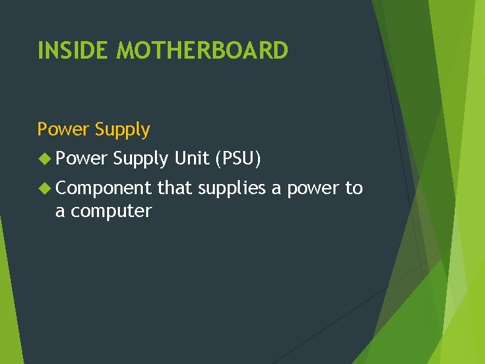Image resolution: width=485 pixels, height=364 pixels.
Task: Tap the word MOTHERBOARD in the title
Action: click(202, 51)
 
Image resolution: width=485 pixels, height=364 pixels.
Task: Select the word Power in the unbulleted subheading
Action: click(64, 129)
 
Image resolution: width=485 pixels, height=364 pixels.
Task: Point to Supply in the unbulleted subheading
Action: click(123, 129)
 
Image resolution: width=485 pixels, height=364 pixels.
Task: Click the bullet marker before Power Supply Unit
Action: click(44, 159)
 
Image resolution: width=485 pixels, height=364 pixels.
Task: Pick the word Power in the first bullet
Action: click(82, 158)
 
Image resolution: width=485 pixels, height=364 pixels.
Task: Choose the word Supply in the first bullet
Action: click(141, 159)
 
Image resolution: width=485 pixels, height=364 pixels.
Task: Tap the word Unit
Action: click(191, 158)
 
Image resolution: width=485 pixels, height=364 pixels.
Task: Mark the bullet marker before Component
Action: click(44, 189)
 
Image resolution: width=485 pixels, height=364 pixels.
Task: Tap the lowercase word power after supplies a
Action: click(313, 189)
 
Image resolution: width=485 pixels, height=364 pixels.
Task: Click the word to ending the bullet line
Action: click(354, 188)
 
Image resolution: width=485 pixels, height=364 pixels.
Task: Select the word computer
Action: click(111, 211)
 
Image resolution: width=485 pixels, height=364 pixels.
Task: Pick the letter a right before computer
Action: click(60, 212)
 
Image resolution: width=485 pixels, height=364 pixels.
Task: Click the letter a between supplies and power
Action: click(276, 189)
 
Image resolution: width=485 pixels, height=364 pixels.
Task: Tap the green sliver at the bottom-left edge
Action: click(9, 303)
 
